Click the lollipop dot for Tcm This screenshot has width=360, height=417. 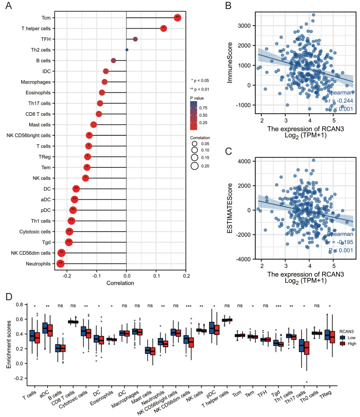pyautogui.click(x=178, y=18)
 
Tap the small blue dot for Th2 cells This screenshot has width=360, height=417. pyautogui.click(x=127, y=50)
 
